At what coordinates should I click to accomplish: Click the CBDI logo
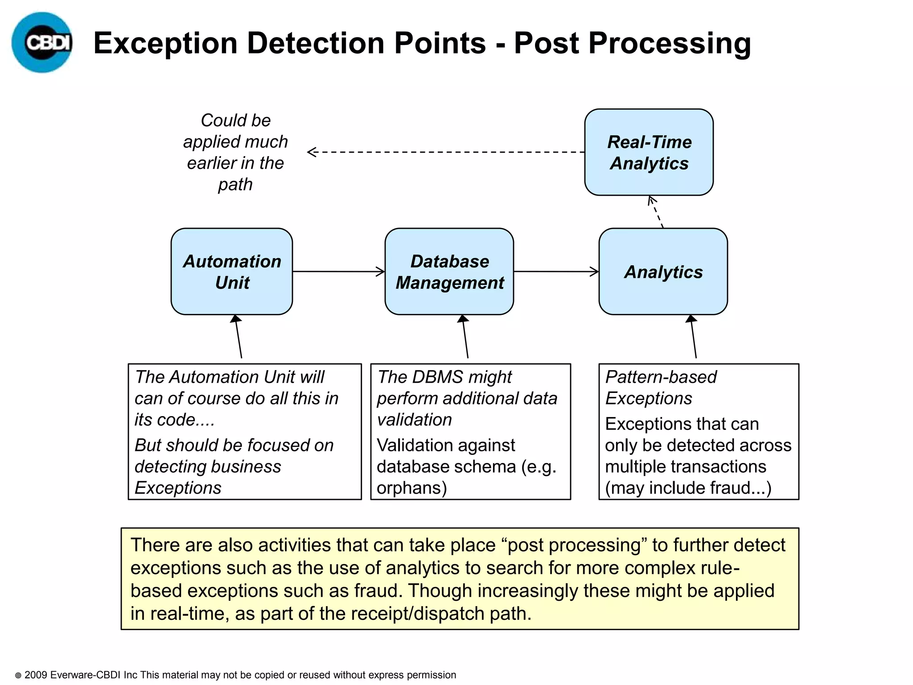pyautogui.click(x=42, y=42)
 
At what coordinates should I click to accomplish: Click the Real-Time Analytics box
pyautogui.click(x=649, y=152)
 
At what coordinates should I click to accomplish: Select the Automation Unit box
pyautogui.click(x=232, y=271)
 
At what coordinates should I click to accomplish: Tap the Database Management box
pyautogui.click(x=449, y=271)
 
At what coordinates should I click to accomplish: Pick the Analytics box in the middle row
pyautogui.click(x=663, y=271)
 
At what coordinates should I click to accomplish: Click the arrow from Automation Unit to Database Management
pyautogui.click(x=339, y=271)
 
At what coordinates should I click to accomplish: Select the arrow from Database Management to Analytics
pyautogui.click(x=556, y=271)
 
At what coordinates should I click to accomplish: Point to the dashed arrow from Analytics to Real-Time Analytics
pyautogui.click(x=656, y=212)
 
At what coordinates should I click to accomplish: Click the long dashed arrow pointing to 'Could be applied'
pyautogui.click(x=446, y=152)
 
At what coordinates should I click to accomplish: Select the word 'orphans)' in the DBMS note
pyautogui.click(x=411, y=488)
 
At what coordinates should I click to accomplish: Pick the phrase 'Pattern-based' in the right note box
pyautogui.click(x=661, y=377)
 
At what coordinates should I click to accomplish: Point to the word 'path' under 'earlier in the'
pyautogui.click(x=235, y=184)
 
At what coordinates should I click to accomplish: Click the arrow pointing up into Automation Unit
pyautogui.click(x=239, y=337)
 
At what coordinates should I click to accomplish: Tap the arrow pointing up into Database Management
pyautogui.click(x=465, y=337)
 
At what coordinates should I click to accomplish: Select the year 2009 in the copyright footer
pyautogui.click(x=36, y=675)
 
